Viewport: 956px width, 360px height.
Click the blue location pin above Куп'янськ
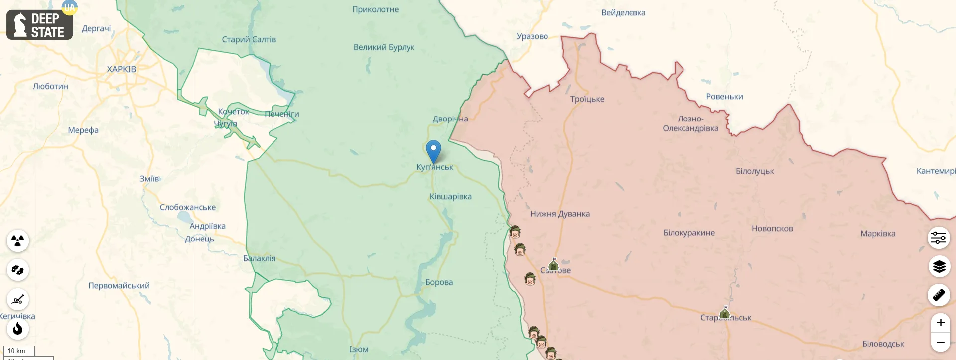[x=433, y=150]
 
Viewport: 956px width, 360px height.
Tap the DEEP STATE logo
[x=40, y=25]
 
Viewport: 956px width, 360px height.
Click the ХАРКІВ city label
[x=121, y=69]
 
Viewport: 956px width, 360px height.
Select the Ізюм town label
[x=359, y=349]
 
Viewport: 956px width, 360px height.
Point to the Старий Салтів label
[x=249, y=39]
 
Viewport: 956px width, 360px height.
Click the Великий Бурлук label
[x=384, y=47]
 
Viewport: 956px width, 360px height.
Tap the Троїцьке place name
[x=587, y=99]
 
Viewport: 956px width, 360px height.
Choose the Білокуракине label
[x=688, y=233]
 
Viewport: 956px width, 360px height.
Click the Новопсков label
[x=772, y=229]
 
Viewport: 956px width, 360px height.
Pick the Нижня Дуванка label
[x=559, y=214]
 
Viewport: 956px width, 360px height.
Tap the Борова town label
[x=439, y=282]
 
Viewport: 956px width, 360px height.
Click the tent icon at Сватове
[x=553, y=264]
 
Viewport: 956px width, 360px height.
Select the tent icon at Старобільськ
[x=725, y=313]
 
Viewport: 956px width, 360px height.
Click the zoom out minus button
[x=940, y=342]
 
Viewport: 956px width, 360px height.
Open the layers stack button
[x=939, y=267]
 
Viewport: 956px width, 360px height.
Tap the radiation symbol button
[x=18, y=241]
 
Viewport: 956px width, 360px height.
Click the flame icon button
[x=18, y=329]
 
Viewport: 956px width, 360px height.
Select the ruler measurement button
[x=939, y=295]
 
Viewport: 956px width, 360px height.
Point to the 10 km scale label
[x=16, y=351]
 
